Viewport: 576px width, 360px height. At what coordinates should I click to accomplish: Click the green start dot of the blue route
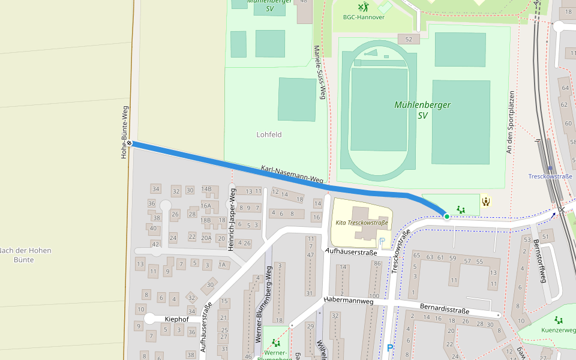[447, 216]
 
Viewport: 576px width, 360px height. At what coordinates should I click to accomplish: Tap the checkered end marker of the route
[130, 143]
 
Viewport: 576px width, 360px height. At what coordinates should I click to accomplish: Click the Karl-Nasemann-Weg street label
[292, 175]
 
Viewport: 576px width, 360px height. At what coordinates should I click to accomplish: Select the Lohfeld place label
[269, 134]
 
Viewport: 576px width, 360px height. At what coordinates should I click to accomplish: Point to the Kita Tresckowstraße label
[362, 223]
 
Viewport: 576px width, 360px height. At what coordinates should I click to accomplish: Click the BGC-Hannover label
[364, 17]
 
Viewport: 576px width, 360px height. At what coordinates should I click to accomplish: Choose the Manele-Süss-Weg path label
[319, 72]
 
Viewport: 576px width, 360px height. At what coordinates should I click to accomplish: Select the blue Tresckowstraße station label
[550, 176]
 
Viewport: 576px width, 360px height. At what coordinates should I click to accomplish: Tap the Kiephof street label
[176, 319]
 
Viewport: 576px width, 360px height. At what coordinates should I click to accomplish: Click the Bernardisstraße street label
[444, 309]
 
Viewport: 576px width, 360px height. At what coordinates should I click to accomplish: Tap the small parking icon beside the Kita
[382, 242]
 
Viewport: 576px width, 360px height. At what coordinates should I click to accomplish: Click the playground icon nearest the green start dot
[461, 209]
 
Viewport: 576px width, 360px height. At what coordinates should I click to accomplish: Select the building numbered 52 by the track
[409, 39]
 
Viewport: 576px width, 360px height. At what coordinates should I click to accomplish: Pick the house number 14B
[206, 189]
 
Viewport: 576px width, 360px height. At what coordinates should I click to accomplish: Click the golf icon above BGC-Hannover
[363, 7]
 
